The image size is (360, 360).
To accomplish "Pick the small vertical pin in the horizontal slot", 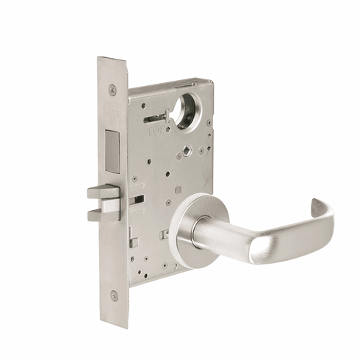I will click(168, 113).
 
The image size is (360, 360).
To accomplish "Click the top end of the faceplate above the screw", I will click(111, 66).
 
